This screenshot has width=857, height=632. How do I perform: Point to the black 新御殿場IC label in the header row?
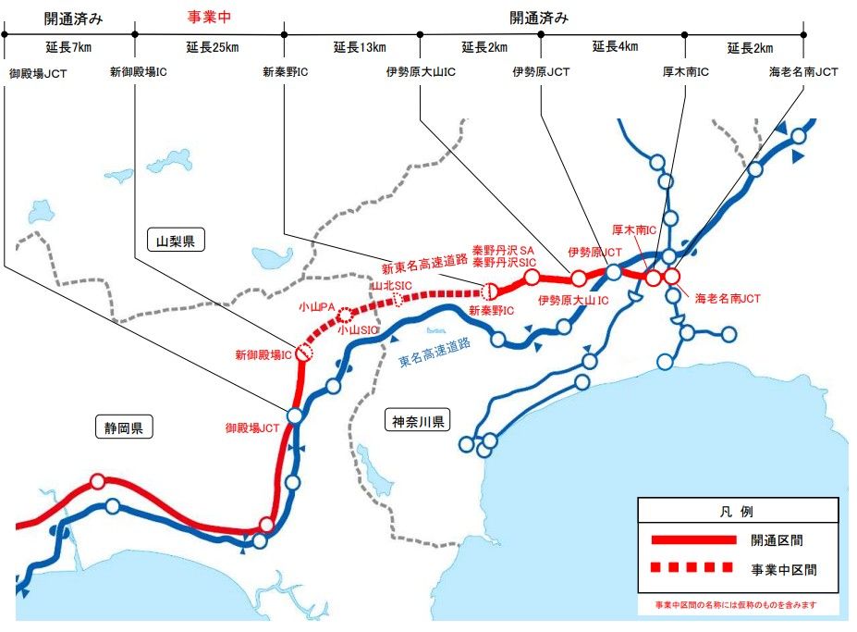[139, 71]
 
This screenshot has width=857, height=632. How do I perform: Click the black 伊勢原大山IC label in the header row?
[422, 71]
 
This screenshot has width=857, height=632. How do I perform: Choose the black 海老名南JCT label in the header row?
[803, 71]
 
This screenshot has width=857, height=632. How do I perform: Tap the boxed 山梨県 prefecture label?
[176, 242]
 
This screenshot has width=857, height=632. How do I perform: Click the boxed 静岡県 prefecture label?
[124, 427]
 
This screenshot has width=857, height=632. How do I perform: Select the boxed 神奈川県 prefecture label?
[419, 422]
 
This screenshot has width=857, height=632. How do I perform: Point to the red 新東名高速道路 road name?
[423, 268]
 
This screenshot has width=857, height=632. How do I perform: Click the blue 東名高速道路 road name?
[435, 353]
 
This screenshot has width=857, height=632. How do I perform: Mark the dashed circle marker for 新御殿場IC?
[306, 353]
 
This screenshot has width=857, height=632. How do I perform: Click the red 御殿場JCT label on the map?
[252, 428]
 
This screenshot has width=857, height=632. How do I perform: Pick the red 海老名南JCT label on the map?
[728, 299]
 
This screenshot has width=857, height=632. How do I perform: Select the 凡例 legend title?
[738, 512]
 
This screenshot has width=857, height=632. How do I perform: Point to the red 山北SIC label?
[391, 287]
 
